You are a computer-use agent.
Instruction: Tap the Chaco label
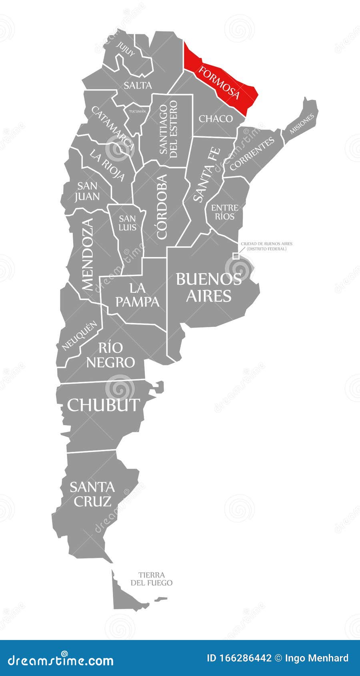[216, 118]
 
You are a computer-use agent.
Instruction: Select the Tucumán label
[137, 111]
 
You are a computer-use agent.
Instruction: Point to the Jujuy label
[126, 50]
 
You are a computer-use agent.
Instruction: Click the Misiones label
[302, 122]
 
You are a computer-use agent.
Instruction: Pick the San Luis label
[128, 223]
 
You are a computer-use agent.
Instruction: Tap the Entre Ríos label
[224, 212]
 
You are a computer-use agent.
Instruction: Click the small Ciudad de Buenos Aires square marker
[236, 256]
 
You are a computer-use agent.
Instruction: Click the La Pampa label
[138, 294]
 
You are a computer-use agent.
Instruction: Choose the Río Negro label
[110, 355]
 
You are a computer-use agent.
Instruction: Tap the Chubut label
[104, 405]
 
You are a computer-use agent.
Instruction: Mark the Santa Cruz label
[92, 494]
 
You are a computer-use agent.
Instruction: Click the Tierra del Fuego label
[151, 579]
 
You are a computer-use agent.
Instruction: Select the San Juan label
[88, 190]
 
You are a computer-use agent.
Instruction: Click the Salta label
[138, 85]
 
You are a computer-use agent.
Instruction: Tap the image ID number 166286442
[239, 658]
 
